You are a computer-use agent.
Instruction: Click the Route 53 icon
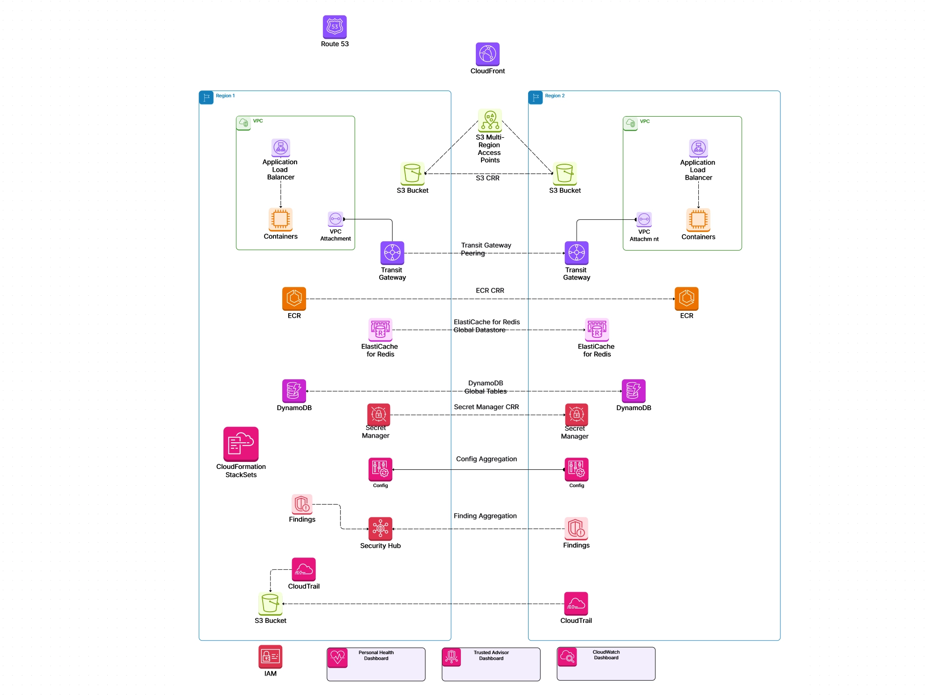pos(334,27)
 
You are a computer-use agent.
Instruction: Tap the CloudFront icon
pos(487,54)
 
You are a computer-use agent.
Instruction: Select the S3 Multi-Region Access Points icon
pos(490,120)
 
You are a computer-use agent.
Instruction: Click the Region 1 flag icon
pos(206,97)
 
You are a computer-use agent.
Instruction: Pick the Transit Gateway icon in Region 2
pos(577,253)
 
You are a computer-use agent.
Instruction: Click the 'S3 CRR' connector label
pos(487,178)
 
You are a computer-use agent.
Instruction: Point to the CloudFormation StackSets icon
pos(241,444)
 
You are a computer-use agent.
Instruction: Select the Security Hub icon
pos(380,529)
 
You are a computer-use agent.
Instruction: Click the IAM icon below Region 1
pos(270,656)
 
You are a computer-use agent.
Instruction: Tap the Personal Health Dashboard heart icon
pos(337,657)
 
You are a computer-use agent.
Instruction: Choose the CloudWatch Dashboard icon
pos(567,657)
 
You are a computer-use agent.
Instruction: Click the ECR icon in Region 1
pos(294,299)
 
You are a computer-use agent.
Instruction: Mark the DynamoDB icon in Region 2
pos(634,391)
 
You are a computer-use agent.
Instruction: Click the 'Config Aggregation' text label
pos(486,459)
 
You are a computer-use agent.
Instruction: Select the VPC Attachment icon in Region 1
pos(335,219)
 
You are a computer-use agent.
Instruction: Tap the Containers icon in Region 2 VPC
pos(698,219)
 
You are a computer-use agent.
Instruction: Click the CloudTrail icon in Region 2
pos(576,604)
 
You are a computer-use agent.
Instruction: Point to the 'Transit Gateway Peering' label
pos(486,249)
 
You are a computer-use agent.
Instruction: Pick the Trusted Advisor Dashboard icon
pos(452,657)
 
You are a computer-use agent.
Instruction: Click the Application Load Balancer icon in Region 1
pos(281,148)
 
